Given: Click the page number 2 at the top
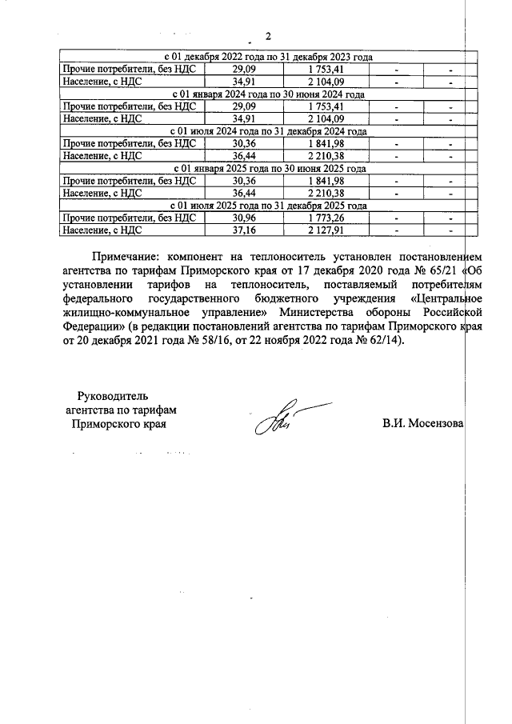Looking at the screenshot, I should coord(268,37).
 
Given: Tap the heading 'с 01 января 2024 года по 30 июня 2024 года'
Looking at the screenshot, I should coord(269,94).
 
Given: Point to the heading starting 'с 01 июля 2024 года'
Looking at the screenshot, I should coord(269,131).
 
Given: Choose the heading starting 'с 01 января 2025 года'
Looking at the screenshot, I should coord(269,169).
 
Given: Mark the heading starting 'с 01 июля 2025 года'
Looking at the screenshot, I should coord(269,206).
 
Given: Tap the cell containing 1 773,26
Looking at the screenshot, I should coord(325,218).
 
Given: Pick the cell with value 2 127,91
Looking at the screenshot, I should coord(325,230).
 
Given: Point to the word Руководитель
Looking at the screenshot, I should coord(113,395).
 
